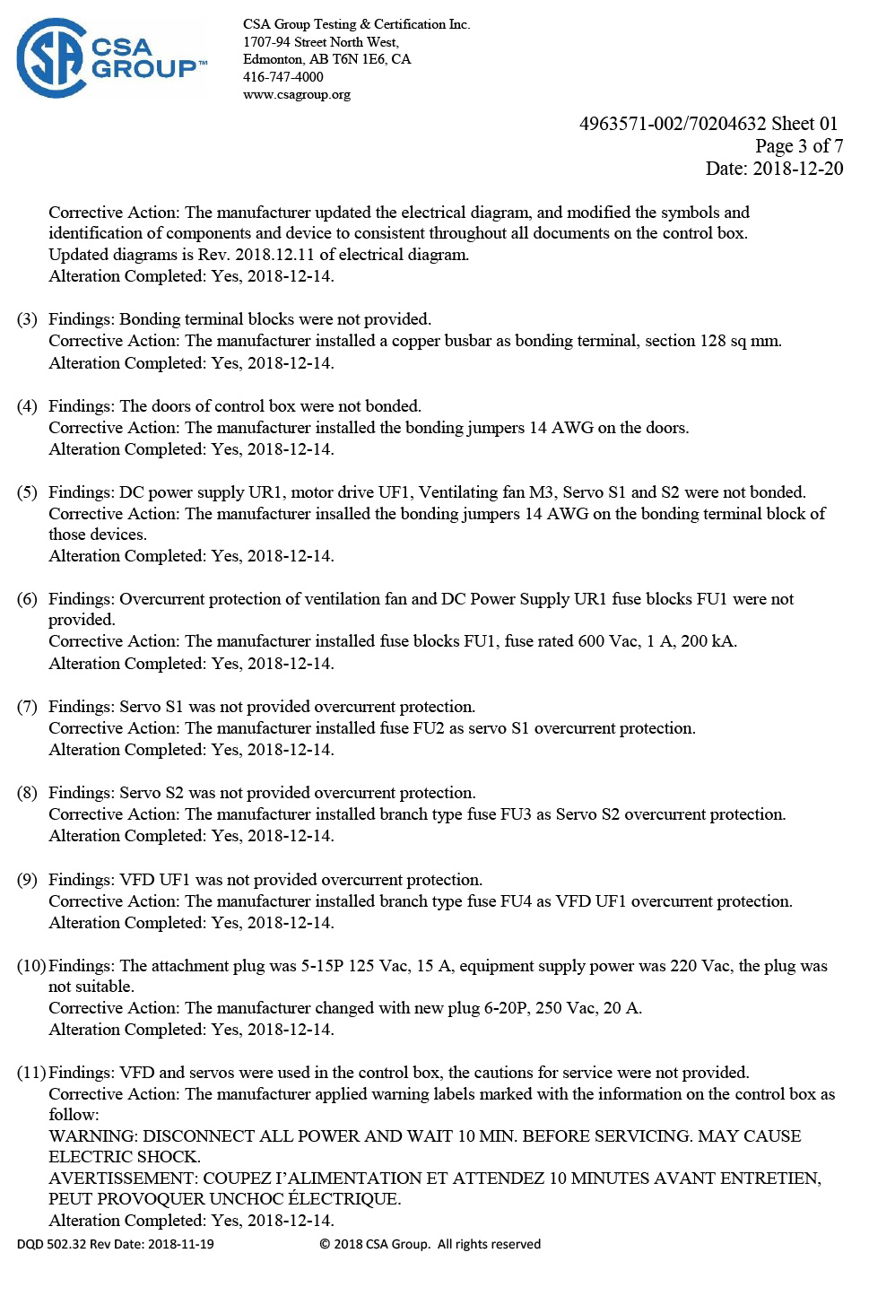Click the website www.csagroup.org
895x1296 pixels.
(x=296, y=94)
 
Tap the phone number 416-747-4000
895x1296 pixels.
(x=282, y=77)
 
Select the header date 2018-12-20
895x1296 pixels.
(x=797, y=169)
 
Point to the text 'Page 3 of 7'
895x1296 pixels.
(x=798, y=146)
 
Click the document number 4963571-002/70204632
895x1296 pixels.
(x=673, y=124)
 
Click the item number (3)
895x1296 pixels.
(x=27, y=319)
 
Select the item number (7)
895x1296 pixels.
(x=27, y=707)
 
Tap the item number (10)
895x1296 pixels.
(x=31, y=966)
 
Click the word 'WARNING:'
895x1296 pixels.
(x=93, y=1136)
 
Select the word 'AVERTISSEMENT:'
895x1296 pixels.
(x=123, y=1179)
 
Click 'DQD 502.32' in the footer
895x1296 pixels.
(x=51, y=1245)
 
